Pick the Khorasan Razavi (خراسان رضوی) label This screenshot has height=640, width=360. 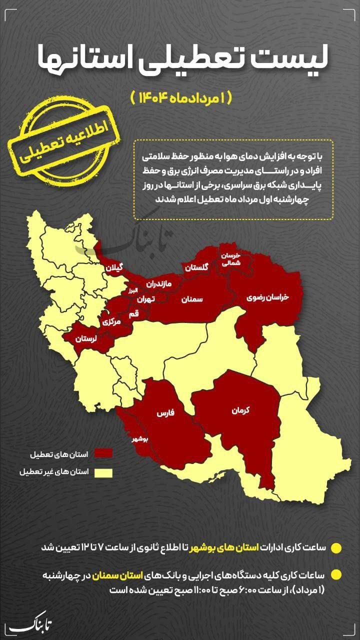[268, 297]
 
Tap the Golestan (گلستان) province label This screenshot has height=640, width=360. [195, 267]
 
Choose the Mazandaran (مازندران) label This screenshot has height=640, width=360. [158, 284]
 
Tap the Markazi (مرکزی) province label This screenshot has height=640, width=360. [111, 322]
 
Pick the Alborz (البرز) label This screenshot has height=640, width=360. [131, 290]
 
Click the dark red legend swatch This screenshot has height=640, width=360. [103, 453]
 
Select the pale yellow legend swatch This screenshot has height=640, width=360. [103, 472]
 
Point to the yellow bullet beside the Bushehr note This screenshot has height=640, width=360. [336, 547]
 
